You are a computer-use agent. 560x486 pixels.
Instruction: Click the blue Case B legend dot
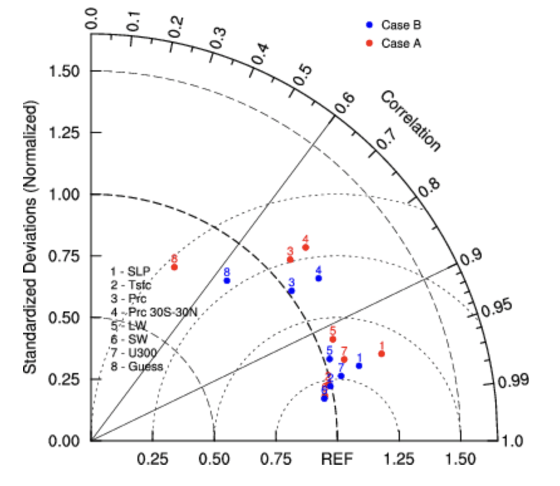[370, 25]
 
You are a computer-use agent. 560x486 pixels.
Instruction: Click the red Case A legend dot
[370, 43]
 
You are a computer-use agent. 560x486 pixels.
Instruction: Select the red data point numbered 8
[175, 267]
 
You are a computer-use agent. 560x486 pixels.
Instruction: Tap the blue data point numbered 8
[227, 281]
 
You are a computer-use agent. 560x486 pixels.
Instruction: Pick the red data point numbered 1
[381, 354]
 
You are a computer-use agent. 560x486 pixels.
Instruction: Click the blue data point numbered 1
[359, 365]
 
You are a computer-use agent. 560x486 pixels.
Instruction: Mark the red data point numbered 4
[306, 247]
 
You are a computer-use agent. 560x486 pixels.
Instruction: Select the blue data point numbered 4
[318, 278]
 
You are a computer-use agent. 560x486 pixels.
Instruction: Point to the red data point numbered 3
[290, 259]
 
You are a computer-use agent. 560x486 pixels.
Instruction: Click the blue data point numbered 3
[291, 291]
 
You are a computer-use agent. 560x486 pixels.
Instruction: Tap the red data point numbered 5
[333, 339]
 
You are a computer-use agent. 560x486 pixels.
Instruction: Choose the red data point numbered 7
[344, 359]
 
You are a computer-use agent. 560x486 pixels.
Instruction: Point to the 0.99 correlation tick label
[514, 381]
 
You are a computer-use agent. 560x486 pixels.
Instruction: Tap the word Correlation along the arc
[411, 121]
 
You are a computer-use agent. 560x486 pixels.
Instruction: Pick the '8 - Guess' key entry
[136, 366]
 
